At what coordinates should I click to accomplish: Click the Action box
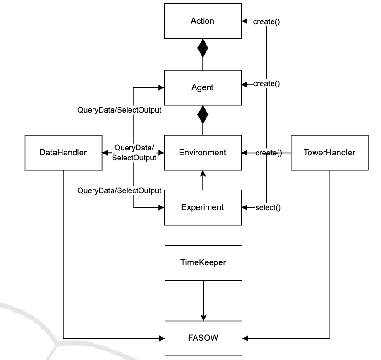tap(202, 21)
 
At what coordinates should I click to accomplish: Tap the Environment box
tap(202, 153)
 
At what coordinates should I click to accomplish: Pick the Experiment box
tap(202, 207)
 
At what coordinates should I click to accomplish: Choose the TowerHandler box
tap(330, 153)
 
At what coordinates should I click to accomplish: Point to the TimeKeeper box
tap(202, 262)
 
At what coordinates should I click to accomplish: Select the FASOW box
tap(202, 338)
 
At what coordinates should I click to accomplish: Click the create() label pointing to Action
tap(267, 21)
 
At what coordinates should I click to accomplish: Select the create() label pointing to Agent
tap(267, 84)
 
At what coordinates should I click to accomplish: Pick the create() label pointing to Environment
tap(268, 153)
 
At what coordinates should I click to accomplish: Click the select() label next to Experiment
tap(268, 208)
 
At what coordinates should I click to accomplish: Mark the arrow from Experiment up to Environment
tap(202, 180)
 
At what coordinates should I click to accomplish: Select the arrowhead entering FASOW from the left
tap(161, 338)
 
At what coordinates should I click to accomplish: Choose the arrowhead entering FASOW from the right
tap(244, 338)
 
